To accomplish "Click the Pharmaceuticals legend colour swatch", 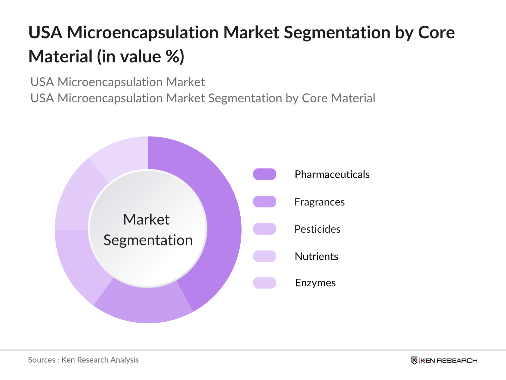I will click(x=264, y=174).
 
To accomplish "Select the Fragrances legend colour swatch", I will click(x=264, y=202).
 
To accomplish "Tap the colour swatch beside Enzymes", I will click(x=264, y=283).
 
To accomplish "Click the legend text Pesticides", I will click(x=317, y=229).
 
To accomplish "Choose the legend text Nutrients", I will click(x=316, y=256).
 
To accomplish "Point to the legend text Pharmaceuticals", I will click(x=332, y=174).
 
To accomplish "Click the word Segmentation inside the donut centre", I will click(x=148, y=240).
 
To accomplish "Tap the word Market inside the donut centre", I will click(x=146, y=219).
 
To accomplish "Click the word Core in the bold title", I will click(x=436, y=33).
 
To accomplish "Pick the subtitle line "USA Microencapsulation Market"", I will click(x=117, y=82).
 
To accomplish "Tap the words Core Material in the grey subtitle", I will click(x=338, y=98).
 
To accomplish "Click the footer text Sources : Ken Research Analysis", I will click(x=83, y=360).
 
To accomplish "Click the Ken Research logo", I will click(x=444, y=360).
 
